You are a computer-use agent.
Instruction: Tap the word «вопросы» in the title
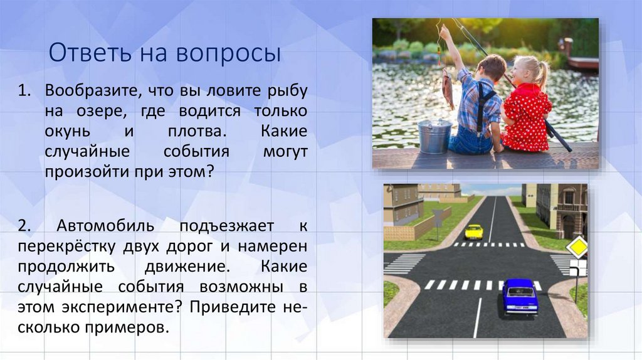click(238, 53)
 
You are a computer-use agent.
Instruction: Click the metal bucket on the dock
click(434, 136)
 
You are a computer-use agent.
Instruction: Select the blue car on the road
click(520, 296)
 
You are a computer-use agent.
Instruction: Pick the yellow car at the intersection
click(474, 231)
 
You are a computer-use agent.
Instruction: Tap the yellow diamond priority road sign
click(577, 246)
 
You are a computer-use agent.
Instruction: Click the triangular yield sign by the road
click(437, 215)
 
